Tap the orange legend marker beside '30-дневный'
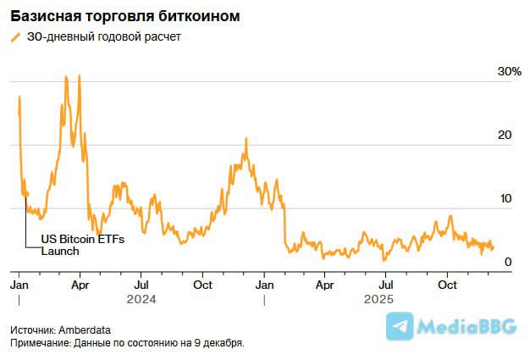[14, 37]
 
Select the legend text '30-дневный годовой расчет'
[104, 37]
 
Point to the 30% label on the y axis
[509, 72]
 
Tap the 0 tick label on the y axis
[508, 263]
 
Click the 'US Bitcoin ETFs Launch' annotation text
[83, 246]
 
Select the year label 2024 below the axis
[141, 299]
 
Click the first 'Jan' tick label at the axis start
[19, 285]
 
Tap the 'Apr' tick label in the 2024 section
[80, 285]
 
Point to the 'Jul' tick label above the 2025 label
[385, 285]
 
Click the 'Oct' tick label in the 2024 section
[202, 285]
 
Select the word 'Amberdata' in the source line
[87, 330]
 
